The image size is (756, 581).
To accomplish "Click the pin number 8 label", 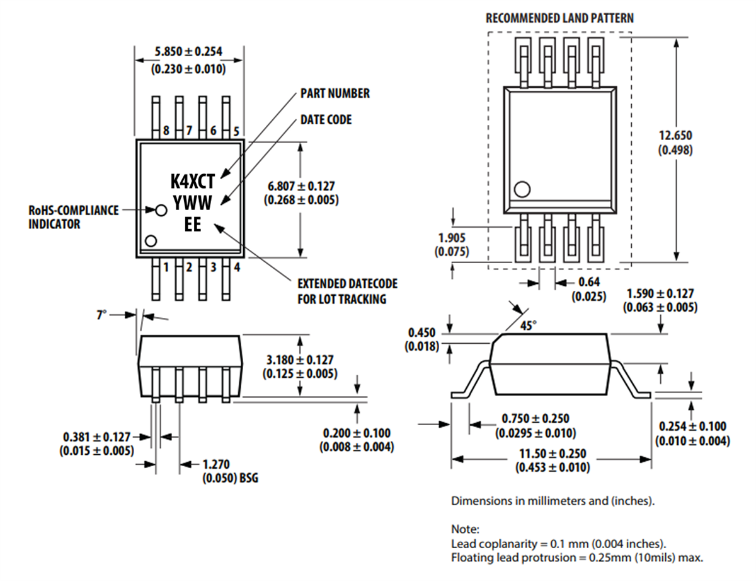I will (166, 131).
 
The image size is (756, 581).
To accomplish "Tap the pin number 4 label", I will (236, 267).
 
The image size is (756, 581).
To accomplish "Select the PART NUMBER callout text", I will (335, 93).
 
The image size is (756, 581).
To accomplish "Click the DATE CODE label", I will (326, 119).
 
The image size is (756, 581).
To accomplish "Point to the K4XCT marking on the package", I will (193, 182).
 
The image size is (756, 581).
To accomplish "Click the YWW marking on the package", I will (193, 202).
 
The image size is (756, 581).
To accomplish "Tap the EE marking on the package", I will (193, 223).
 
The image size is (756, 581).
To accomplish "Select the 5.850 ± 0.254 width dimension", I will (189, 52).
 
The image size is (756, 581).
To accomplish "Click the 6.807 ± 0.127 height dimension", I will (301, 186).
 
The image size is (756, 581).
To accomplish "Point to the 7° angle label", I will (101, 314).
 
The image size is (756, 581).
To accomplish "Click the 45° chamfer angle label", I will (529, 326).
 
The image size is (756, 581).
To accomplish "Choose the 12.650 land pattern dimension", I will (675, 136).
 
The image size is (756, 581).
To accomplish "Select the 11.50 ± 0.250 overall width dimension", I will (552, 454).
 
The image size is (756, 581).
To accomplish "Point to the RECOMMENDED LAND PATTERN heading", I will (559, 18).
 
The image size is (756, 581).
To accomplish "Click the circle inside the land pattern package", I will (522, 189).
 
